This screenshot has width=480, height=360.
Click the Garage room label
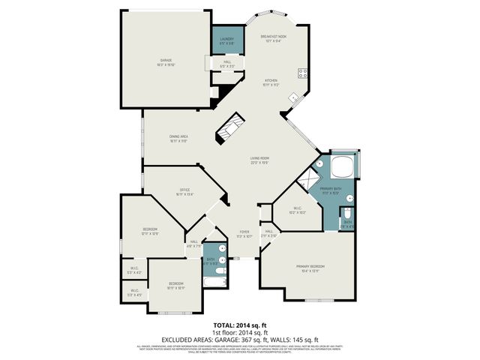[166, 61]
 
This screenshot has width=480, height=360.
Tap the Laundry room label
[226, 41]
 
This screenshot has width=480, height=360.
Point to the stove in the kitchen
[304, 73]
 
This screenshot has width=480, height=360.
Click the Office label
[184, 191]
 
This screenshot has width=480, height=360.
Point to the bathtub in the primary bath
[343, 166]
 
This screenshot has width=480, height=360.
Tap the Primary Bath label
[331, 190]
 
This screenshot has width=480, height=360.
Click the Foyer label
[244, 233]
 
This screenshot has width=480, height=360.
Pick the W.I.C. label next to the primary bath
[297, 211]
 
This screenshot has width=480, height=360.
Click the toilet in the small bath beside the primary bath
[349, 211]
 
